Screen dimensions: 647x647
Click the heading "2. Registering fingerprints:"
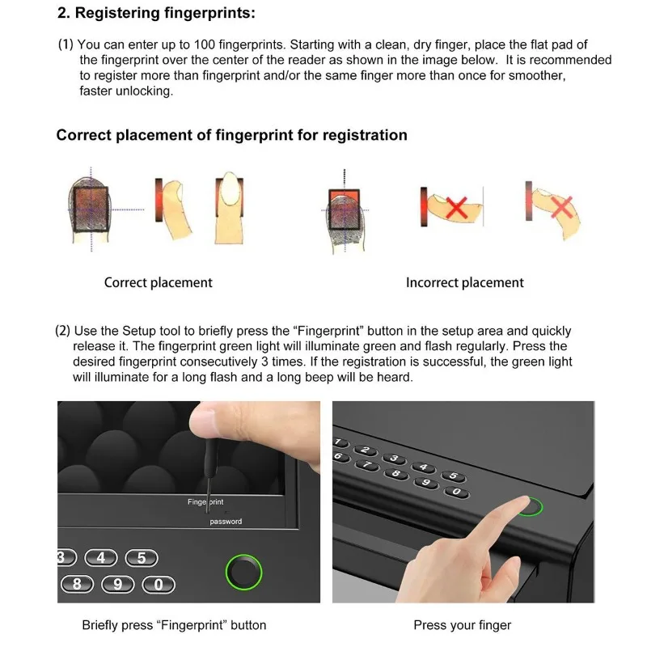156,13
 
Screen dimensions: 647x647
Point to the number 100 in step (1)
205,44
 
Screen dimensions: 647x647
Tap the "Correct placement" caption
159,282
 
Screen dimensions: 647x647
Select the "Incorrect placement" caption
464,282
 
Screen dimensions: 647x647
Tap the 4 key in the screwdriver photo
101,558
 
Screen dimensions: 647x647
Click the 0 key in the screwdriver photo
159,585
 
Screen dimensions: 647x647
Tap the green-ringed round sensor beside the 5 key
244,572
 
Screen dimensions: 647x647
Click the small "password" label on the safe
226,522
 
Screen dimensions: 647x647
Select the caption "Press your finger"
462,625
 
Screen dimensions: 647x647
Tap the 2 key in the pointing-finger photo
366,450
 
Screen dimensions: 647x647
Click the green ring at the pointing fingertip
531,508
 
